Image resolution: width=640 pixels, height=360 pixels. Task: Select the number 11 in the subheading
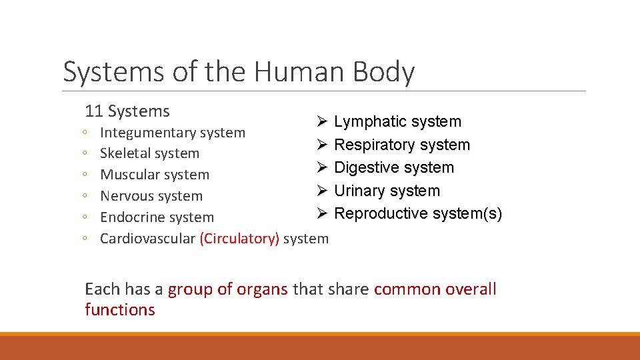coord(94,111)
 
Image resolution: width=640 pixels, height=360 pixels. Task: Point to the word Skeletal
coord(126,153)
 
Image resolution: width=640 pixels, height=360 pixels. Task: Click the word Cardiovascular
coord(147,239)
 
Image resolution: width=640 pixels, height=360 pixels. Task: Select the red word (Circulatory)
coord(239,239)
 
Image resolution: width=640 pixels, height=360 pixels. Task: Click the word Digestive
coord(367,168)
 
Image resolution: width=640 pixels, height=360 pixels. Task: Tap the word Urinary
coord(360,191)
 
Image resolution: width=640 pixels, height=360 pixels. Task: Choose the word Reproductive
coord(381,213)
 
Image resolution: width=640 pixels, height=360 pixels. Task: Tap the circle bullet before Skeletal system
coord(87,154)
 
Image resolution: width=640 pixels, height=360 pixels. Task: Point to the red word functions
coord(120,310)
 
